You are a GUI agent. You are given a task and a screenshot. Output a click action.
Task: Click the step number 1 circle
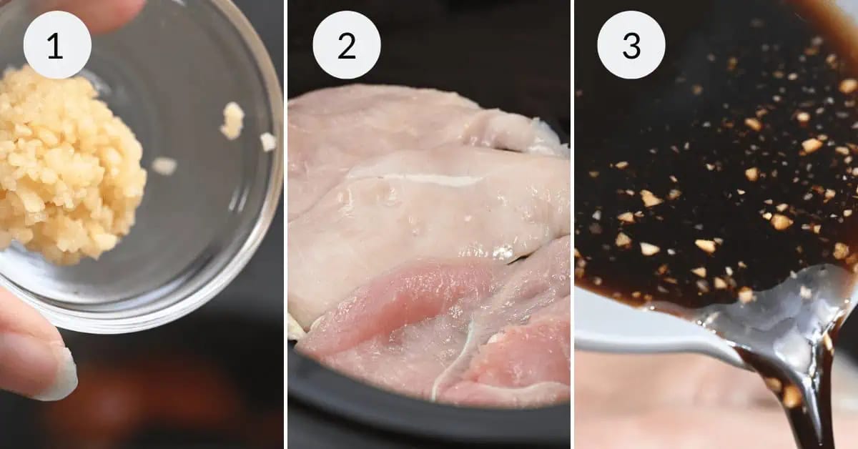coord(57,44)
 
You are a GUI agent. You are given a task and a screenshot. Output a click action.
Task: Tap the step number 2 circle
coord(346,44)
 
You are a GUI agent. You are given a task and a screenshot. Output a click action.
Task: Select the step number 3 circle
coord(631,44)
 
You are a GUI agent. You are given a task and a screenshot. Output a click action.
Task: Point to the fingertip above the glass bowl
coord(107,13)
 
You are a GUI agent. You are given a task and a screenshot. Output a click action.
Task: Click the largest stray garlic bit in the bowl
coord(232,120)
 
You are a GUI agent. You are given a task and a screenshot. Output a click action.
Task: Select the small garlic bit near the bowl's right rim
coord(268,142)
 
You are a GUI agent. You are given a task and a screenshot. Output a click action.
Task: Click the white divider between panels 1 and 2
coord(285,224)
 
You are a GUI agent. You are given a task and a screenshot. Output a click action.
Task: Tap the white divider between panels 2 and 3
coord(573,224)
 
